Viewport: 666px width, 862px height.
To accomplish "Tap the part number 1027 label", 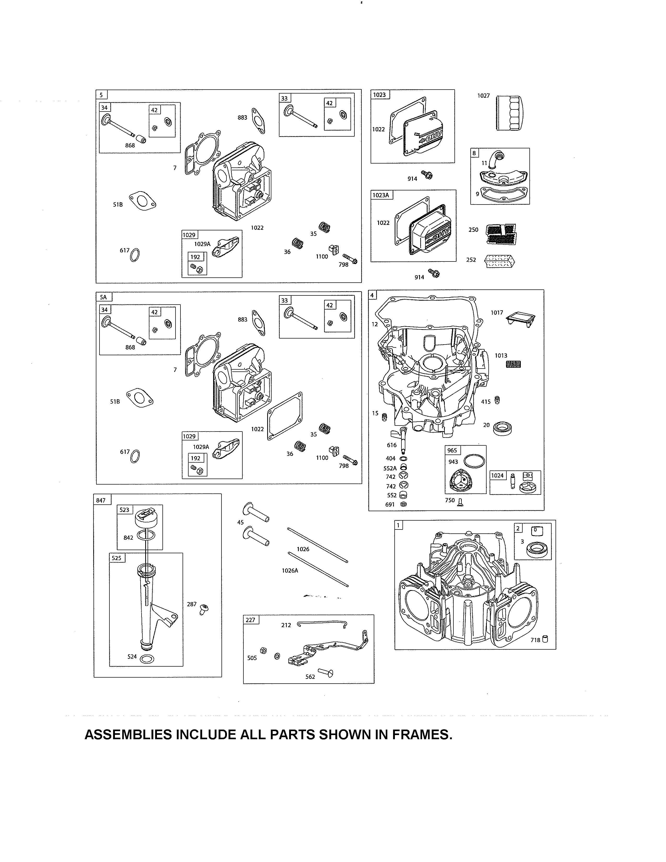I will tap(483, 96).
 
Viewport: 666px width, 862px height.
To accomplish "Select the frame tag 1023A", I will tap(381, 195).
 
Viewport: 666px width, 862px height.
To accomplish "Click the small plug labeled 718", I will tap(545, 639).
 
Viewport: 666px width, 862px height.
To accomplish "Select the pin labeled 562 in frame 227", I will tap(326, 673).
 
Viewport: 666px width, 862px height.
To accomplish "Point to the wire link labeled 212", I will tap(322, 624).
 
